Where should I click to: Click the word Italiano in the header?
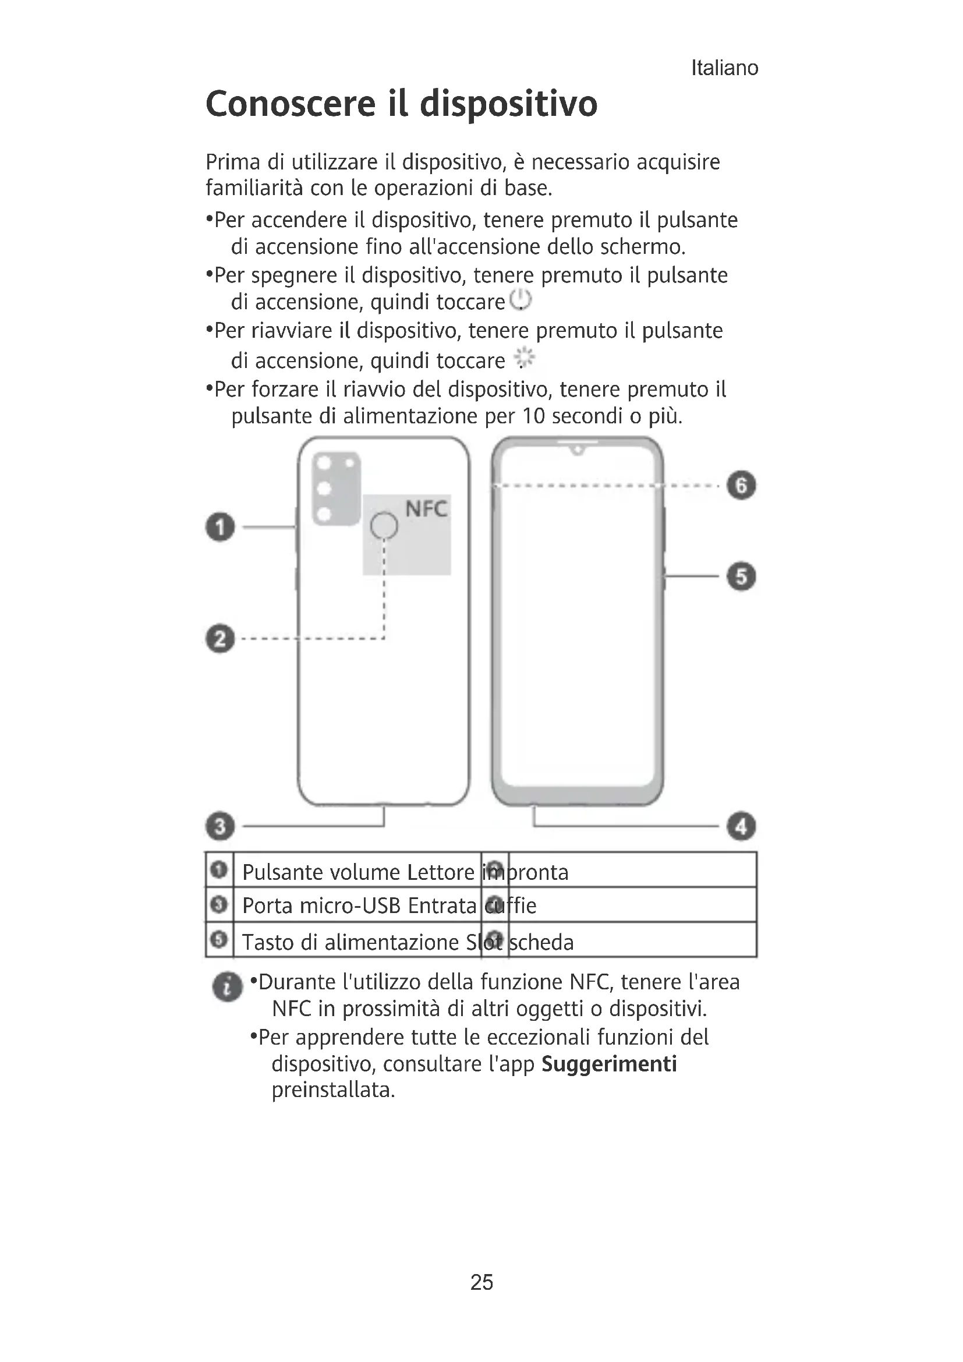[x=724, y=68]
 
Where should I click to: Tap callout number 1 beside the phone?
[x=220, y=528]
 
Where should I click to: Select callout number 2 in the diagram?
[x=220, y=639]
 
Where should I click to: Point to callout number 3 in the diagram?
[x=220, y=826]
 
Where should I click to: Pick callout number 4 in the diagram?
[x=741, y=826]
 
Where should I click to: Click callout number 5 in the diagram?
[x=741, y=576]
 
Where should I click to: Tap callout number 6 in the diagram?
[x=741, y=485]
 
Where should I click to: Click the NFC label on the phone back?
[x=426, y=509]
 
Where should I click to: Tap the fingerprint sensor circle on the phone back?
[x=384, y=526]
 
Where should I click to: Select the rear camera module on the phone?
[x=336, y=488]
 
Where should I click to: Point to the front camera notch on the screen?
[x=578, y=450]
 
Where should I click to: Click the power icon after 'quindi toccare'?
[x=521, y=300]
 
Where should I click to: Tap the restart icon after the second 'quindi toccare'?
[x=523, y=358]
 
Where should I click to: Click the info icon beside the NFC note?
[x=227, y=987]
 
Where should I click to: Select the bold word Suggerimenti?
[x=609, y=1064]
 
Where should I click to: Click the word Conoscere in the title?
[x=291, y=104]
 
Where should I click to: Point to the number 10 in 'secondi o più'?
[x=533, y=416]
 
